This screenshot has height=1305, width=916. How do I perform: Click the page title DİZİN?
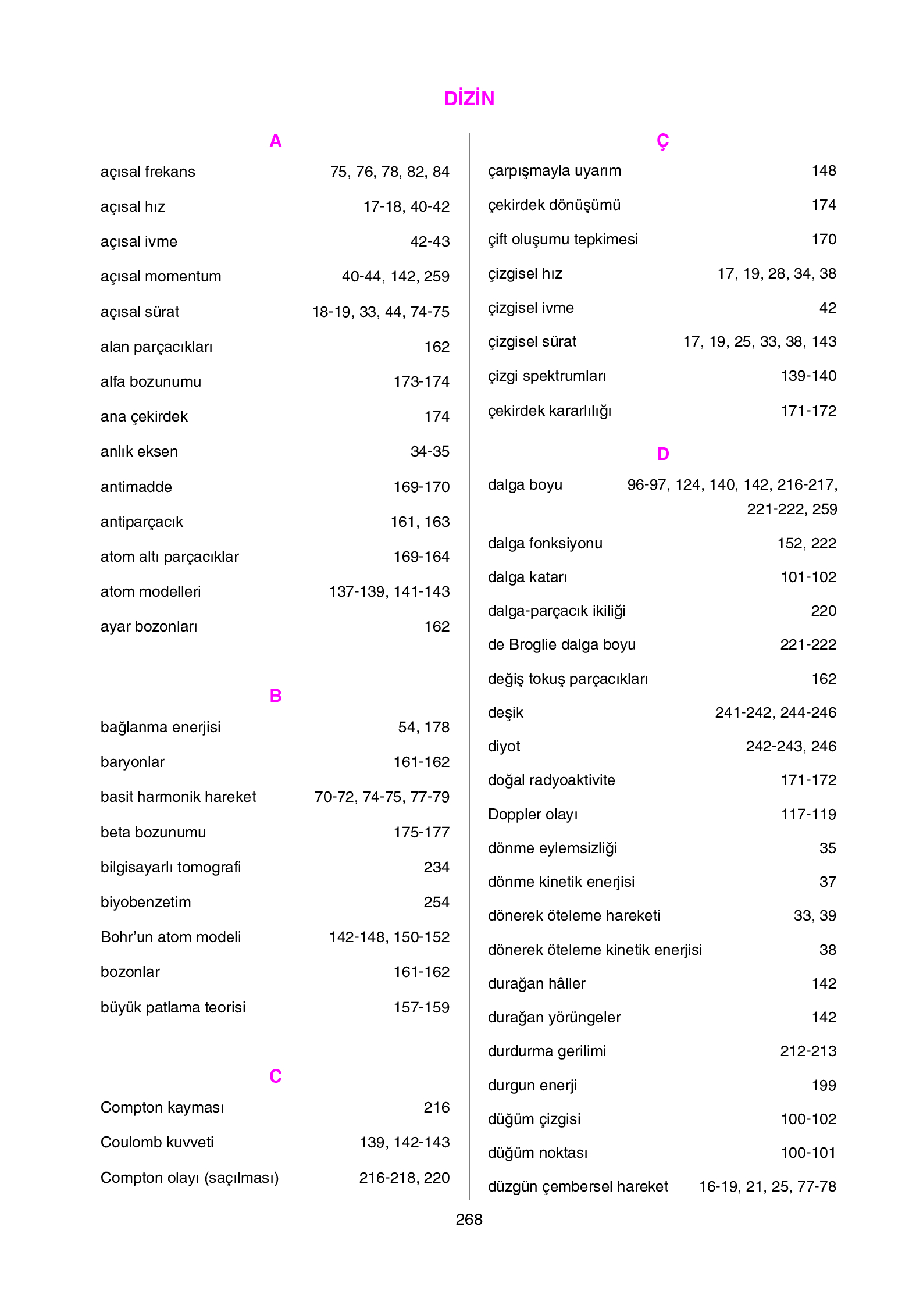[x=469, y=98]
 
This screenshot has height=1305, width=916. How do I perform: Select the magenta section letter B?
[x=275, y=696]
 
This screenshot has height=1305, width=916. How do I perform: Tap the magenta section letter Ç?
[x=662, y=141]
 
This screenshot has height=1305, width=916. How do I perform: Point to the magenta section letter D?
[x=662, y=454]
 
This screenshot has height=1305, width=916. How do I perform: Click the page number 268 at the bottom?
[x=469, y=1219]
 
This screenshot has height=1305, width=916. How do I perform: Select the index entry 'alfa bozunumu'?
[x=151, y=381]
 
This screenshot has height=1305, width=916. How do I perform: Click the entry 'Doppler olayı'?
[x=532, y=814]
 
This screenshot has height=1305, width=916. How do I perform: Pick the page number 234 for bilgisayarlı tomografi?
[x=436, y=867]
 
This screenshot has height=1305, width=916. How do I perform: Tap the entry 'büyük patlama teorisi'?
[x=173, y=1007]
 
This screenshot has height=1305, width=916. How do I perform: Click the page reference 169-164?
[x=421, y=557]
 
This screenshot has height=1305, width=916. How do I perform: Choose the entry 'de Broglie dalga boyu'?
[x=561, y=644]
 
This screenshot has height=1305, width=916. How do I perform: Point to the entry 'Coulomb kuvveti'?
[x=157, y=1142]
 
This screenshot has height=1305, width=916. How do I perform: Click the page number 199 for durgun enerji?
[x=824, y=1085]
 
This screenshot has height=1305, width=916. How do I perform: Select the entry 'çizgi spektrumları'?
[x=547, y=376]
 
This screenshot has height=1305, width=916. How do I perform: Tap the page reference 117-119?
[x=808, y=814]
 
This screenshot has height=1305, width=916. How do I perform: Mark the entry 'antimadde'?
[x=136, y=487]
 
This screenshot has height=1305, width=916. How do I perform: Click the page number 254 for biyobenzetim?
[x=436, y=902]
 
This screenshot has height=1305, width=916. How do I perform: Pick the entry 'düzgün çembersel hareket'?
[x=578, y=1186]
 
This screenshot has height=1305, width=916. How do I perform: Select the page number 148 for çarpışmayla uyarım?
[x=824, y=170]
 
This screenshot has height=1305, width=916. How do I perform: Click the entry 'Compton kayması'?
[x=162, y=1107]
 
